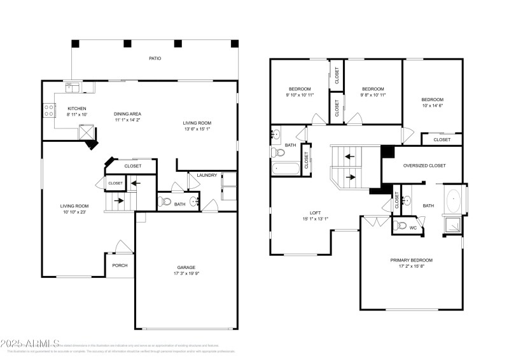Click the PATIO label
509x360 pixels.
pos(155,59)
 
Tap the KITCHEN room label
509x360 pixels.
pos(76,109)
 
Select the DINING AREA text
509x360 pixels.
pos(127,114)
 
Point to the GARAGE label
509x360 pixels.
pos(186,267)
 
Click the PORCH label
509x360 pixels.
pos(120,266)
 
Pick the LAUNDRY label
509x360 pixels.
pos(207,176)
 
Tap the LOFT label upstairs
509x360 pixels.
pos(314,213)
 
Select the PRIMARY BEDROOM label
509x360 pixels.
pos(411,260)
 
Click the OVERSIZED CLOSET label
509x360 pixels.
pos(424,165)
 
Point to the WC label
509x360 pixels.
pos(413,227)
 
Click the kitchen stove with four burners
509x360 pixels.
pos(48,111)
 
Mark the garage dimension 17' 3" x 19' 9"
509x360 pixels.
pos(186,274)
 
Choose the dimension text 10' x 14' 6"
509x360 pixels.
pos(432,106)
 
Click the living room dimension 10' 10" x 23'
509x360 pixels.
pos(74,212)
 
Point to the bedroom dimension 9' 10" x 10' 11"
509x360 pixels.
pos(299,95)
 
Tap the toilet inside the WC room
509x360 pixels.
pos(401,226)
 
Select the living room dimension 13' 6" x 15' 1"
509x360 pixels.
pos(197,130)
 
